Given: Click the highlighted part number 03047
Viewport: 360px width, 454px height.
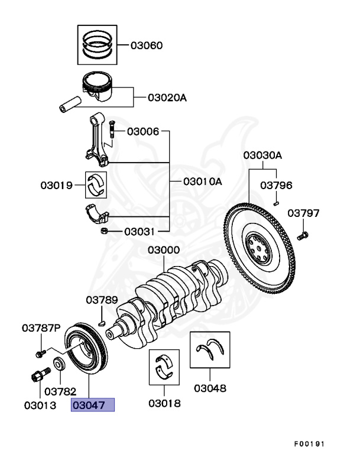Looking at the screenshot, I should click(92, 405).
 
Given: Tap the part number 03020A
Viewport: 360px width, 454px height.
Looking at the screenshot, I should click(167, 97).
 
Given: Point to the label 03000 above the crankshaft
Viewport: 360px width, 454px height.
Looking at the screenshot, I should click(164, 250).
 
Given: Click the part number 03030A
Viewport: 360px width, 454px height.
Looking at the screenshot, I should click(262, 155).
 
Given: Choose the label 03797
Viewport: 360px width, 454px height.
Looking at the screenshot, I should click(303, 213).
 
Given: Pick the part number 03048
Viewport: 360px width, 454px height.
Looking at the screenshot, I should click(210, 389).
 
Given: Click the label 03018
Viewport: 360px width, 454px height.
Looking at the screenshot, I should click(164, 404).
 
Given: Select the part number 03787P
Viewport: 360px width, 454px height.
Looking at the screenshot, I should click(42, 327).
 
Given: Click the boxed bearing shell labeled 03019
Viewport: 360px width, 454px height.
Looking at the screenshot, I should click(96, 185).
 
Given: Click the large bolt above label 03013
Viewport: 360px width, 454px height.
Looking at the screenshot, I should click(37, 376).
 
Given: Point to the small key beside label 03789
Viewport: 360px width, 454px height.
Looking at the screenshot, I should click(102, 323).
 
